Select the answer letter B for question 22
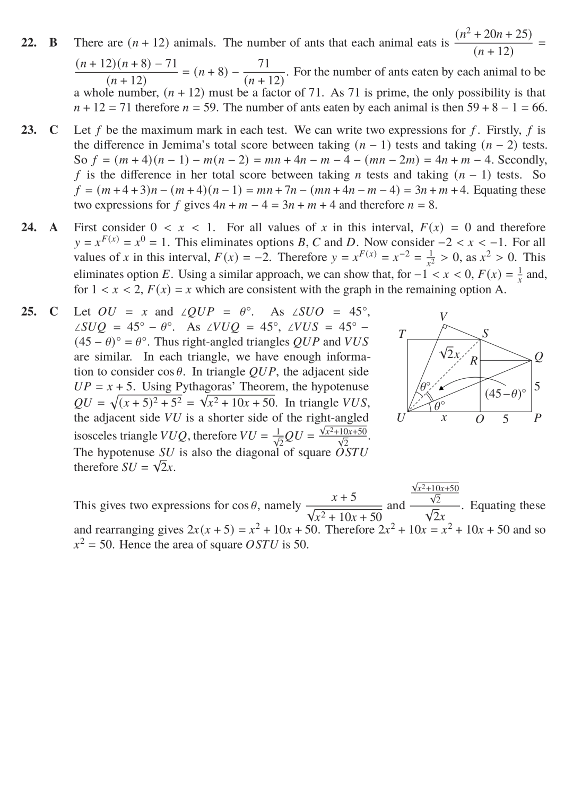pos(54,42)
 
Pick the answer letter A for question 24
pos(54,228)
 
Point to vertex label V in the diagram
pos(444,317)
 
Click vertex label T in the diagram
pos(402,334)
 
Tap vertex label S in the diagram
pos(485,334)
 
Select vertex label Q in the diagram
pos(539,357)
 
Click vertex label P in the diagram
pos(537,418)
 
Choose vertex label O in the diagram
pos(480,419)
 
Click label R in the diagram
pos(474,361)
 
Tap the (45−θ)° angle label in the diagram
pos(505,394)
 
